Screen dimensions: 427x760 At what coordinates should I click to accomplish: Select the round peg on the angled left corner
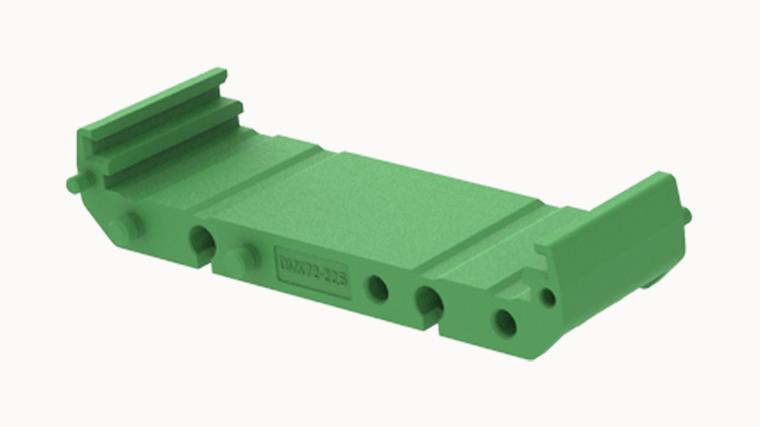[126, 227]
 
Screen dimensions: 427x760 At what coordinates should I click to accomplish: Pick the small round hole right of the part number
[378, 288]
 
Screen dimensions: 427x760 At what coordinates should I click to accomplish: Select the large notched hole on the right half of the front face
[428, 303]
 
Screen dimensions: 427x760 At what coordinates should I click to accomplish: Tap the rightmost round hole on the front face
[504, 323]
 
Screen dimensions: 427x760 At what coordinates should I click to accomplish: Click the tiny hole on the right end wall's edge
[548, 297]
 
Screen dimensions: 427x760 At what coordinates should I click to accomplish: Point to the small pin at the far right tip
[686, 216]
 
